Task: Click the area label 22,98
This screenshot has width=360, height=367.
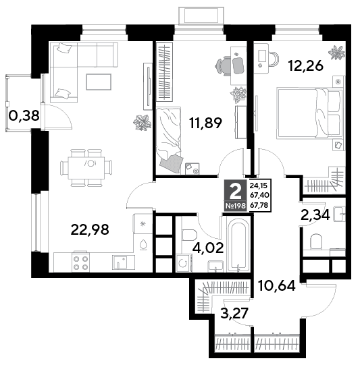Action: [x=90, y=230]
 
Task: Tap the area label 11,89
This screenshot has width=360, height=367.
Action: [x=206, y=123]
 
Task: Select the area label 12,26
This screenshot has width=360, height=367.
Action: [x=306, y=65]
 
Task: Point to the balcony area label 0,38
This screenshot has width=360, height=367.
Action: [x=24, y=115]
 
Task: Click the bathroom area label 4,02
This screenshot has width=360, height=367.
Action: [x=208, y=248]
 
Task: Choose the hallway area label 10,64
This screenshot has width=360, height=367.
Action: [x=276, y=285]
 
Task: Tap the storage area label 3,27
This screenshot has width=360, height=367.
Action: [x=234, y=313]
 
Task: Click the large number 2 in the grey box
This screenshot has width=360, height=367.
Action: [x=235, y=191]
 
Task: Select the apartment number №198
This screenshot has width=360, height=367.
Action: [x=236, y=206]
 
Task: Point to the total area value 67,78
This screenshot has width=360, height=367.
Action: [x=260, y=205]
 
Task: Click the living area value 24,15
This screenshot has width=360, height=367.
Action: [x=259, y=186]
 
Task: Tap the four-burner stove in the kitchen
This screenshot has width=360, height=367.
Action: [x=81, y=262]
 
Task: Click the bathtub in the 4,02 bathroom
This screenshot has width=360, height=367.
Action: [x=238, y=245]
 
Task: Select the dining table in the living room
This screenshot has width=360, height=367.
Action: [x=86, y=168]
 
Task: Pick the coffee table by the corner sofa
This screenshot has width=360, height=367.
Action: [x=99, y=82]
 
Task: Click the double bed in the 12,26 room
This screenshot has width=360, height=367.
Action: [x=309, y=113]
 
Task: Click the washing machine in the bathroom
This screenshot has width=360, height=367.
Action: [x=184, y=263]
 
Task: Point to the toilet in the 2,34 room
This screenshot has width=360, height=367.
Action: [x=315, y=242]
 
